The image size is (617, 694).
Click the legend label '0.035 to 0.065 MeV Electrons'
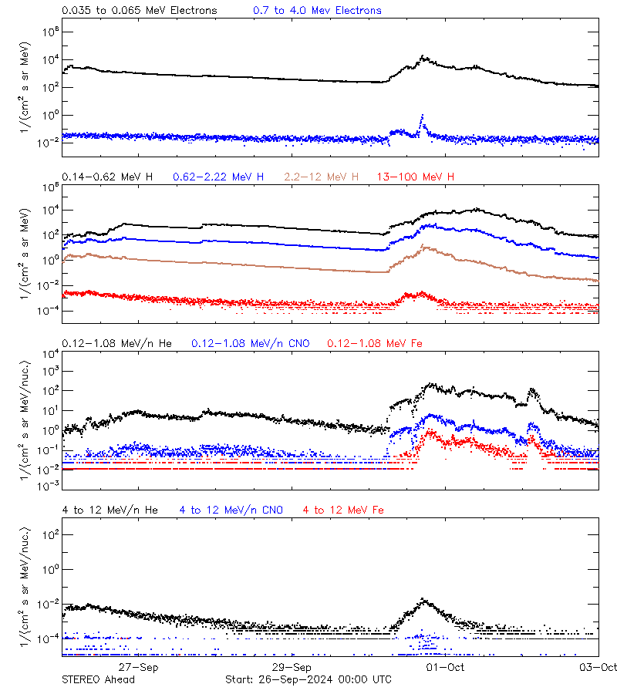coord(140,11)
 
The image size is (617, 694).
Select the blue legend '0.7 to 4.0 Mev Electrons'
coord(317,11)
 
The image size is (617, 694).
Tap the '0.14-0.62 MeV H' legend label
coord(107,177)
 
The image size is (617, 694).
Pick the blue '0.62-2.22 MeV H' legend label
coord(218,177)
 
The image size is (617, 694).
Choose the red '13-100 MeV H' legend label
coord(416,177)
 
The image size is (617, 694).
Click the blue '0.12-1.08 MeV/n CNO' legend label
coord(251,343)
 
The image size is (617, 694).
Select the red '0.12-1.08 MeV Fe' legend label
coord(375,343)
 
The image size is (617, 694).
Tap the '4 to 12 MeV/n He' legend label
coord(110,510)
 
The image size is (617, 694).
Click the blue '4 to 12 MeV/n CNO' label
coord(231,510)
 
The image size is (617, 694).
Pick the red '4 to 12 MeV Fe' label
coord(343,510)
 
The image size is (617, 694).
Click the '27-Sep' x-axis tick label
coord(139,667)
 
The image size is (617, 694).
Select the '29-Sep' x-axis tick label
coord(292,667)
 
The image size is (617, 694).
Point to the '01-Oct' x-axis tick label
coord(445,667)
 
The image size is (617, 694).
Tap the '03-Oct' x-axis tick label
coord(598,667)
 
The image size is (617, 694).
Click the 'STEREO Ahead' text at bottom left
coord(98,679)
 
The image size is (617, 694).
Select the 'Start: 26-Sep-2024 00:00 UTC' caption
coord(308,679)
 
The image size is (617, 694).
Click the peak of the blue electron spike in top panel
coord(422,116)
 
